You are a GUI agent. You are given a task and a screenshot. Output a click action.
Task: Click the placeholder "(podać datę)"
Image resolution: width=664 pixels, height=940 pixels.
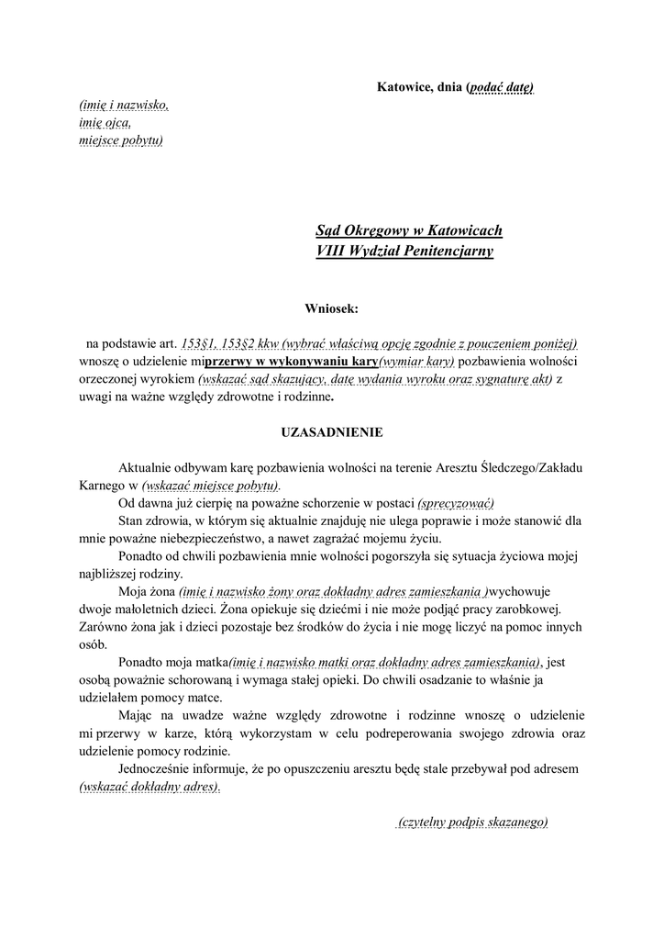(501, 87)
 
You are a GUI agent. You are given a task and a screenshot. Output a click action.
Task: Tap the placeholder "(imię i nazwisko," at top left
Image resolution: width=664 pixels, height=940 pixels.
(124, 106)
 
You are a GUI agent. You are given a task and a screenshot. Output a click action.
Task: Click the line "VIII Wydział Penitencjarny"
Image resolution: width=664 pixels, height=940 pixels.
(404, 251)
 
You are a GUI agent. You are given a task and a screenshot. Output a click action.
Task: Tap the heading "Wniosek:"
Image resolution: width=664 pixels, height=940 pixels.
(332, 309)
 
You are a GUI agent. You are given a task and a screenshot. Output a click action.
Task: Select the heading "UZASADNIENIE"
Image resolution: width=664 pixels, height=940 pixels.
(331, 431)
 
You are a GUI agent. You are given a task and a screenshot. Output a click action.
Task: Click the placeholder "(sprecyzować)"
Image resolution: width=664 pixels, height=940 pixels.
(456, 503)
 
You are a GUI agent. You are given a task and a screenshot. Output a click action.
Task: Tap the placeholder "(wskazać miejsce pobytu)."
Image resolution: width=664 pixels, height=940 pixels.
(211, 485)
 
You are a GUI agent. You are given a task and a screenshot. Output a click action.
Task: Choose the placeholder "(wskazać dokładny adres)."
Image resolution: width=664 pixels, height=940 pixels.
(149, 787)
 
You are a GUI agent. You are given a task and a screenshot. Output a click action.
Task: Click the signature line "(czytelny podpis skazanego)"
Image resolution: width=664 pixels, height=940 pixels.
(472, 822)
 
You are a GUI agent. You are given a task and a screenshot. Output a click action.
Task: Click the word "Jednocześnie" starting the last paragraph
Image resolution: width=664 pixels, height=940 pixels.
(154, 769)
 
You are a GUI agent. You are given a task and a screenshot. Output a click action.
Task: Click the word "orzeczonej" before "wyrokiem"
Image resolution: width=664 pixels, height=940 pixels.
(108, 378)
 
